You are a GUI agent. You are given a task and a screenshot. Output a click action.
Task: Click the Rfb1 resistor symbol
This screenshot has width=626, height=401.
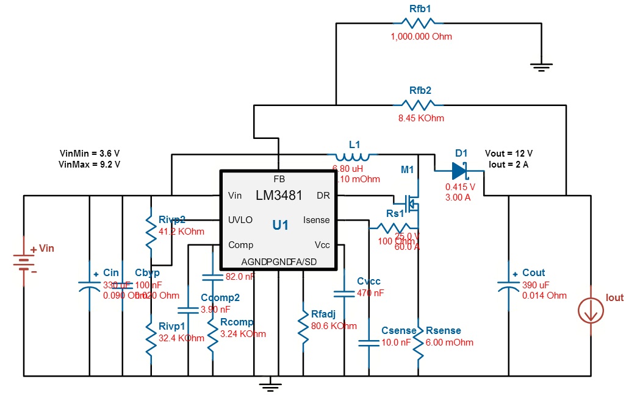pos(420,23)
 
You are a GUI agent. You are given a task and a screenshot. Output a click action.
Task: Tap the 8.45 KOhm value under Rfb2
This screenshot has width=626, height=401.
pos(421,118)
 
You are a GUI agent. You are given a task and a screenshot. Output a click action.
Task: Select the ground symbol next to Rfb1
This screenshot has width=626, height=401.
pos(541,66)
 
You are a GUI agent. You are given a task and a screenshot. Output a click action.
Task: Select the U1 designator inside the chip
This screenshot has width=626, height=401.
pos(281,225)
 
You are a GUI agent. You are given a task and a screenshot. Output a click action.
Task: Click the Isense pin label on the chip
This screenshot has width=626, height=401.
pos(316,220)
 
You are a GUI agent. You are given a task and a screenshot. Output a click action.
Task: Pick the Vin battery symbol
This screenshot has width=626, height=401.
pos(24,263)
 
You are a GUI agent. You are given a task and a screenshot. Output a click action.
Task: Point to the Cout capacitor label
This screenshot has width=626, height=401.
pos(533,272)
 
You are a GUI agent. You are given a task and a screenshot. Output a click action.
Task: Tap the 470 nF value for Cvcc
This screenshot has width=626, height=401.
pos(370,293)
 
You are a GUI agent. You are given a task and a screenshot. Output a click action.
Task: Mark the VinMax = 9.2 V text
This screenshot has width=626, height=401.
pos(89,164)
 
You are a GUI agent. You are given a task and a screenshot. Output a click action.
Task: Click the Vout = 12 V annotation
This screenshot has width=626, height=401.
pos(509,153)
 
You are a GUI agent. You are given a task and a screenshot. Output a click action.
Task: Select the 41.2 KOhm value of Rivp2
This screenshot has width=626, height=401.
pos(181,232)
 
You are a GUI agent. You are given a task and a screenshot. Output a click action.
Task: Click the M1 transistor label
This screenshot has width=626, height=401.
pos(407,170)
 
